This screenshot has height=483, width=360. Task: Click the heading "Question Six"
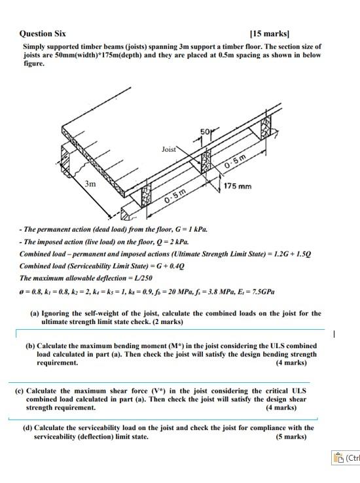click(x=43, y=33)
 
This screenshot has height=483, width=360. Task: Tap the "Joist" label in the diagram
click(x=169, y=149)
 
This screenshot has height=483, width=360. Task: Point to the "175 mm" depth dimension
click(x=237, y=187)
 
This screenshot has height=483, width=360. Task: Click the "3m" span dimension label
click(x=90, y=184)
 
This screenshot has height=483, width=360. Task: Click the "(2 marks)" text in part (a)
click(x=165, y=321)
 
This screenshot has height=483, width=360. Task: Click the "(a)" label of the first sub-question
click(x=36, y=313)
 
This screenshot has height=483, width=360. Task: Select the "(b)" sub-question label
click(x=30, y=346)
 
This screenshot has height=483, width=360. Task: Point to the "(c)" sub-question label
click(x=20, y=391)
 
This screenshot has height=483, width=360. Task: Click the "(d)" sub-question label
click(x=28, y=428)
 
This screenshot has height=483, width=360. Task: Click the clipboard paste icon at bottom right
click(x=338, y=458)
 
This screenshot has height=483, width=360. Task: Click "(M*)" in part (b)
click(x=189, y=346)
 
